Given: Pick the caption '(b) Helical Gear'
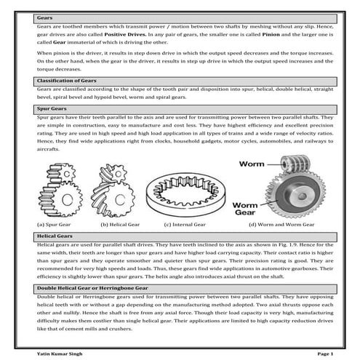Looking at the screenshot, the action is tap(120, 225).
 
